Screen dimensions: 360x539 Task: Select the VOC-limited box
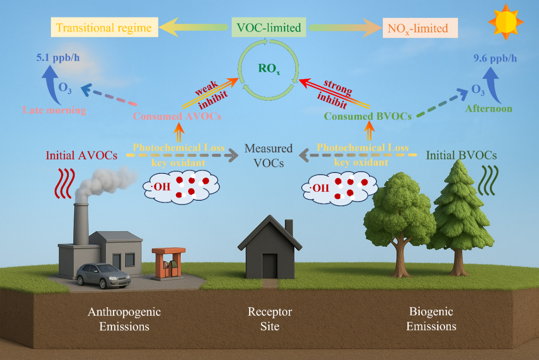[x=269, y=28]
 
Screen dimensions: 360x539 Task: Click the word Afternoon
[x=488, y=109]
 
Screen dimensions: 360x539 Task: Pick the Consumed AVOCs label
[x=177, y=116]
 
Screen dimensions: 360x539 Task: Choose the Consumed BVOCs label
[x=368, y=116]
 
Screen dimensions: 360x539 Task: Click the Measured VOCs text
[x=269, y=155]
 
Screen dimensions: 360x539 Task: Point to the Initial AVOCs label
[x=82, y=155]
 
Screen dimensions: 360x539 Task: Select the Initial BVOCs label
[x=461, y=155]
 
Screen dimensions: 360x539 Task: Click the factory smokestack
[x=81, y=223]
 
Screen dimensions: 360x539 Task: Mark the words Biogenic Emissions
[x=431, y=319]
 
